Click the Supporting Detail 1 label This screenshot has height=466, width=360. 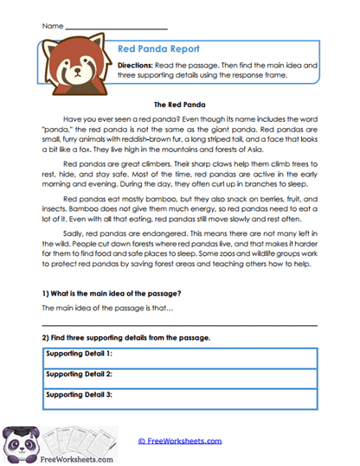[80, 354]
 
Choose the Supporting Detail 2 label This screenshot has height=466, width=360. [80, 373]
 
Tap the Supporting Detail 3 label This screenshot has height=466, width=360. [80, 393]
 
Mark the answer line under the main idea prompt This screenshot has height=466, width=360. [179, 324]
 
